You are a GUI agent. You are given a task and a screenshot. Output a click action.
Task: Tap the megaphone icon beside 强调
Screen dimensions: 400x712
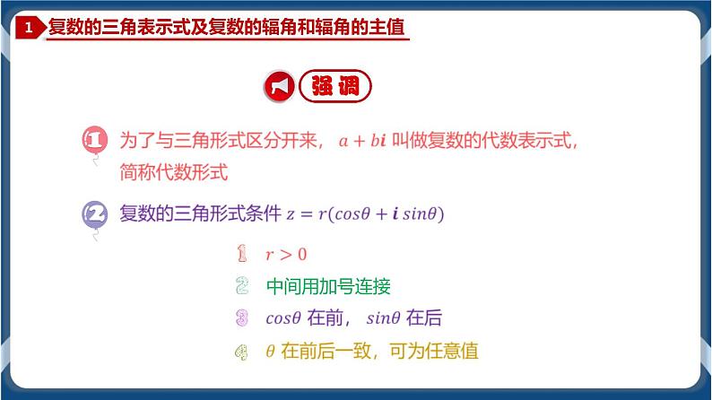tap(278, 87)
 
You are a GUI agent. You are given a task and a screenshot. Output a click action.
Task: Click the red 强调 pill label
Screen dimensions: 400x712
tap(334, 87)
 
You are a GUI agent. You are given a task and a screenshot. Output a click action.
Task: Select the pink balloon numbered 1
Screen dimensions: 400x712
tap(94, 142)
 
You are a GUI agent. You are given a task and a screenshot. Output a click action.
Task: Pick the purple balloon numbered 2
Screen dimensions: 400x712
tap(94, 216)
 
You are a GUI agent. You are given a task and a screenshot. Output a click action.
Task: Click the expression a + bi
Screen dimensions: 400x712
tap(368, 141)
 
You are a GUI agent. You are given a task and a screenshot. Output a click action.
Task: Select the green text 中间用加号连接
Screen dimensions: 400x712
tap(328, 286)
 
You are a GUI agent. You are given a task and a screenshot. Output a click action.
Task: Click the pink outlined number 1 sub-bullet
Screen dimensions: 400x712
tap(241, 254)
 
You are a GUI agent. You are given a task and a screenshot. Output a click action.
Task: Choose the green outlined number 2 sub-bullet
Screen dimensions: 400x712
tap(241, 286)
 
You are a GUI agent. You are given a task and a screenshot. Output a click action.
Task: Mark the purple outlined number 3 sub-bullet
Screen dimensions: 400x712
tap(241, 318)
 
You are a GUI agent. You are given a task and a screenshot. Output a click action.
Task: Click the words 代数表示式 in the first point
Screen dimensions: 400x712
tap(519, 141)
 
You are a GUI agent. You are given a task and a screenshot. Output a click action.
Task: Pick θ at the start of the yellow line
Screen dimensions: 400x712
tap(270, 352)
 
